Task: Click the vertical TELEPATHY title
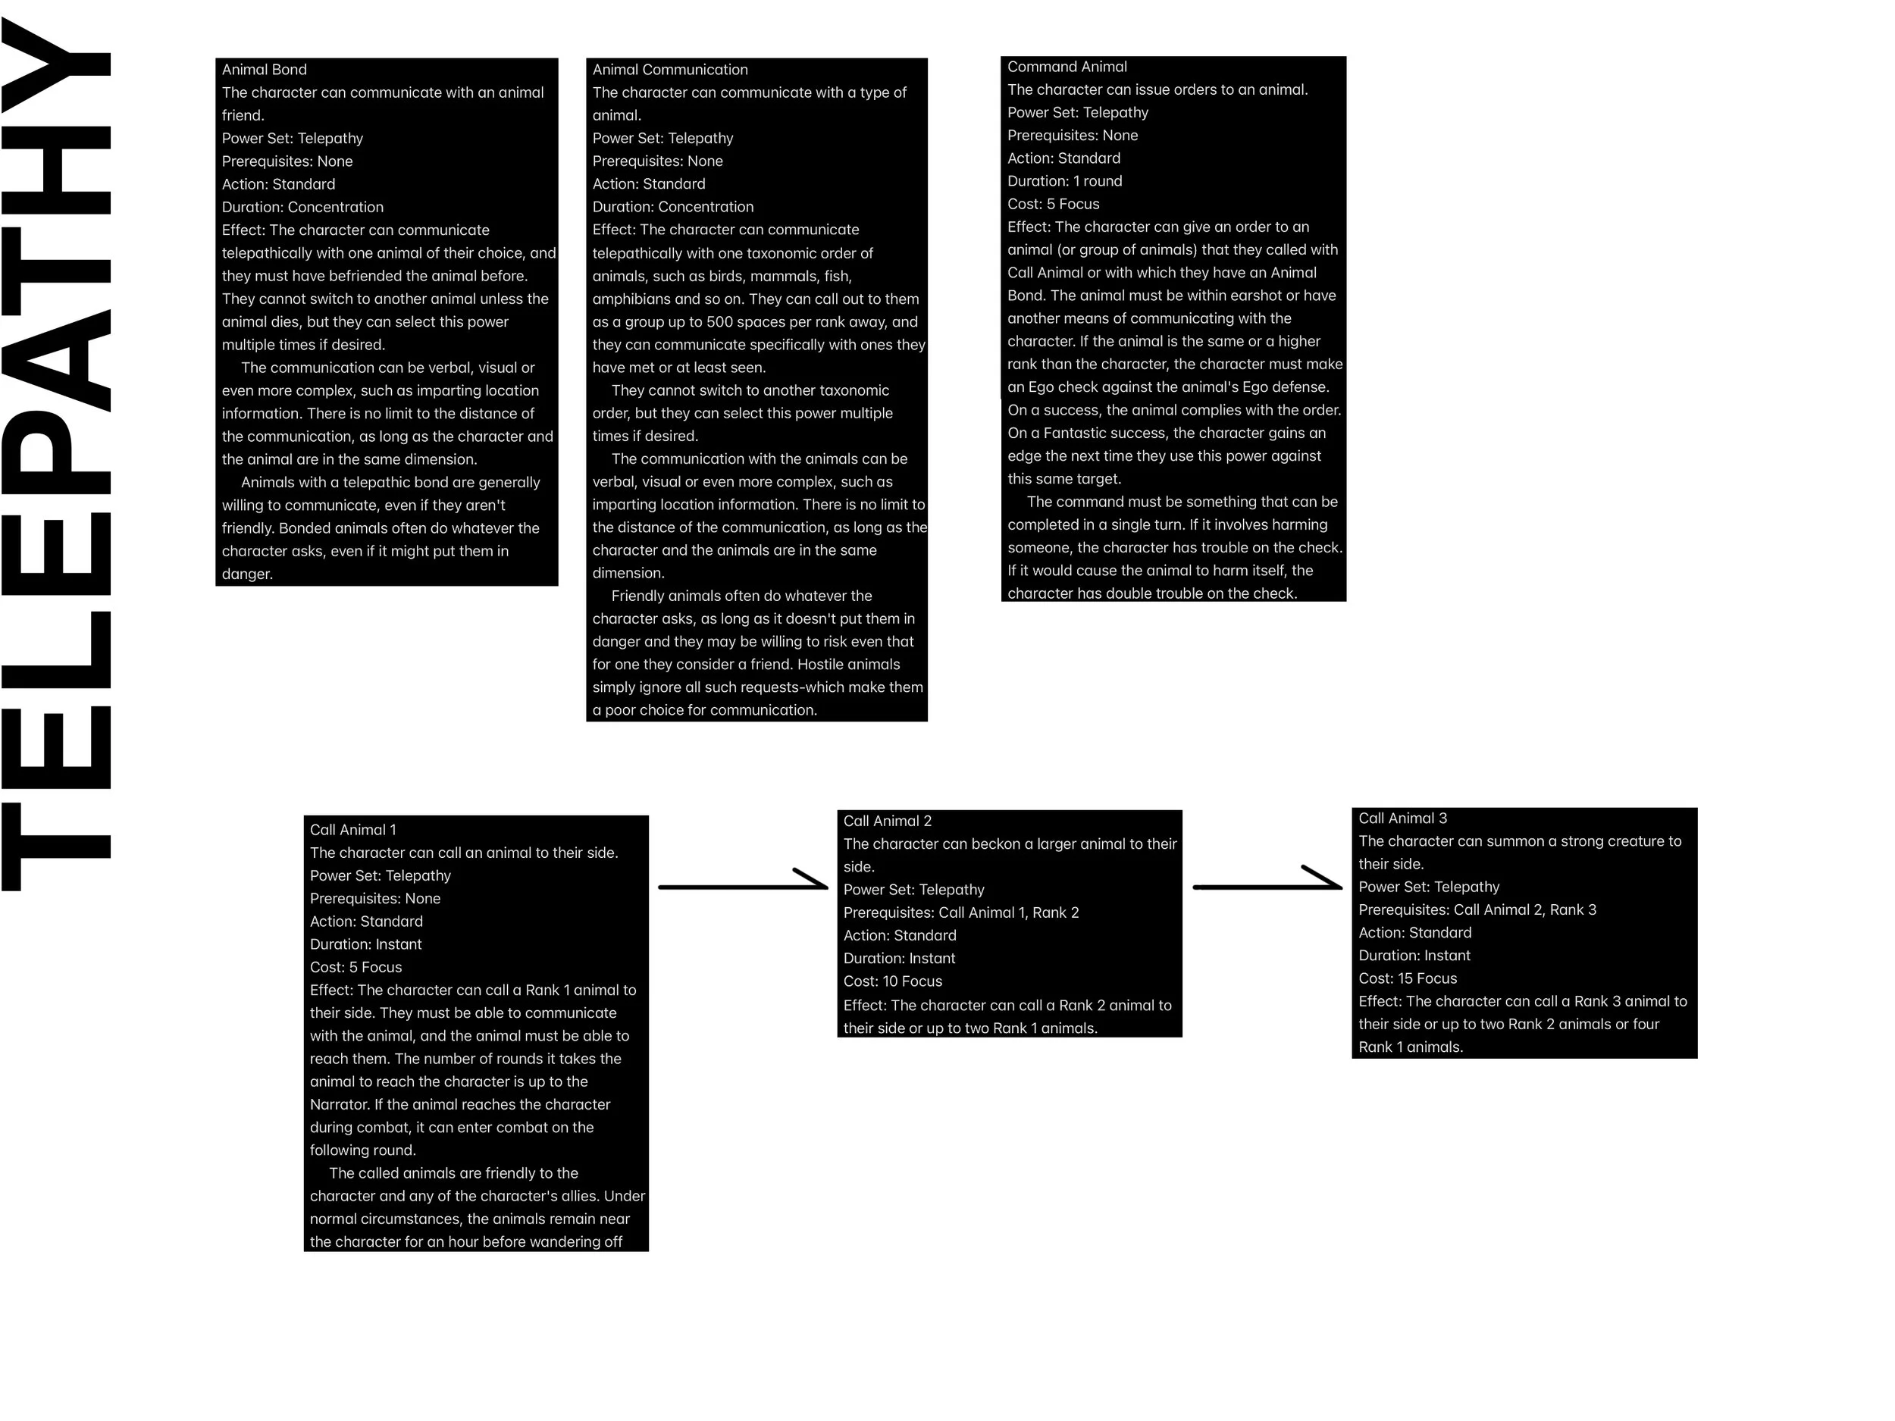[57, 454]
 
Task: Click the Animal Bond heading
[264, 70]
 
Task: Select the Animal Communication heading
[670, 70]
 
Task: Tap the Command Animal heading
[1067, 67]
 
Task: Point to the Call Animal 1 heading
[353, 829]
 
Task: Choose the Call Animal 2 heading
[887, 821]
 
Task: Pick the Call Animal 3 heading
[1402, 818]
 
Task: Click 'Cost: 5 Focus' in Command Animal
[1053, 204]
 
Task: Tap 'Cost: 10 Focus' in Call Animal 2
[893, 981]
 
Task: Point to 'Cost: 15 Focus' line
[1408, 978]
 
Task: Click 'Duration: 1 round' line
[1064, 180]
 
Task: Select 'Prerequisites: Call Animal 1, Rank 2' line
[961, 912]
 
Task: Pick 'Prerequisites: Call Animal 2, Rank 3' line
[1477, 909]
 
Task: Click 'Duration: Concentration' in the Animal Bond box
[302, 206]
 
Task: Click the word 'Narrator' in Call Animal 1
[340, 1104]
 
